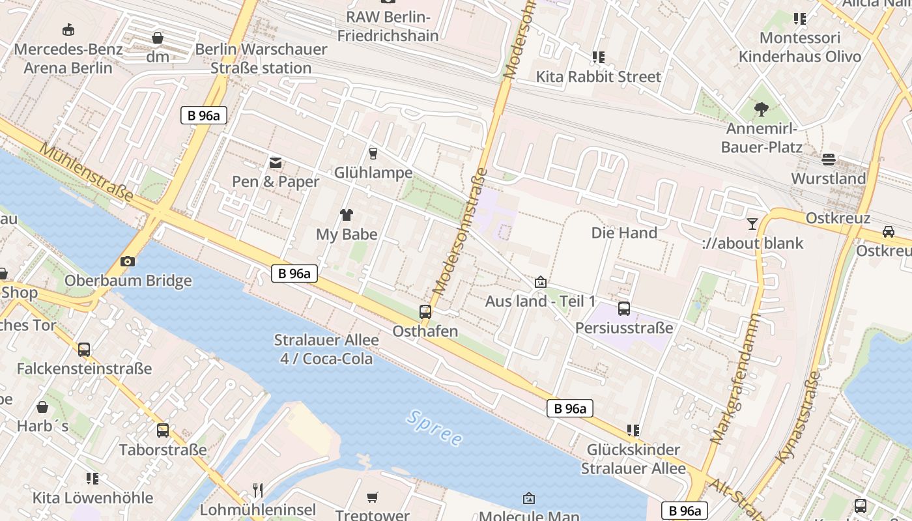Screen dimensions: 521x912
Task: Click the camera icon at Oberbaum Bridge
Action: click(128, 262)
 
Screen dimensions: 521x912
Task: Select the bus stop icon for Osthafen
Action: click(425, 312)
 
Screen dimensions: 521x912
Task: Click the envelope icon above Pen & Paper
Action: click(276, 162)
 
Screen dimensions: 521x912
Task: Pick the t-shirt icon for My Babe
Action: click(346, 215)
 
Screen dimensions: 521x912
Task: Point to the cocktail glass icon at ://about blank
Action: click(752, 224)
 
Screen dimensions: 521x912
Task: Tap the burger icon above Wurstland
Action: click(829, 159)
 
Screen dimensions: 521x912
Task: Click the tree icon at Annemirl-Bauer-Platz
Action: click(761, 109)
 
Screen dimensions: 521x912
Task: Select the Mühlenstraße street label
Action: click(87, 173)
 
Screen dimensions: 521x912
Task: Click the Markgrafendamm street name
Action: click(735, 379)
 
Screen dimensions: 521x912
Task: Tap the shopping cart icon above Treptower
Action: click(372, 498)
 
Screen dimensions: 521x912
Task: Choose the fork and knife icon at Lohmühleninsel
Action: click(258, 490)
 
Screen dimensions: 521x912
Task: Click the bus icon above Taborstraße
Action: click(162, 430)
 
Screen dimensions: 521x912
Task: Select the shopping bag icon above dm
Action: click(158, 38)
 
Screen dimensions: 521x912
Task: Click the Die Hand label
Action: click(624, 232)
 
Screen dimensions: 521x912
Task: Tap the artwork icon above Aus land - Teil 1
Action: click(540, 282)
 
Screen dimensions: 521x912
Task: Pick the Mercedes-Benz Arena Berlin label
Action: click(68, 59)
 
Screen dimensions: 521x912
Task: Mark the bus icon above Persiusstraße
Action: click(623, 309)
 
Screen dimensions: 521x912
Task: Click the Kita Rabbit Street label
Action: click(598, 77)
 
